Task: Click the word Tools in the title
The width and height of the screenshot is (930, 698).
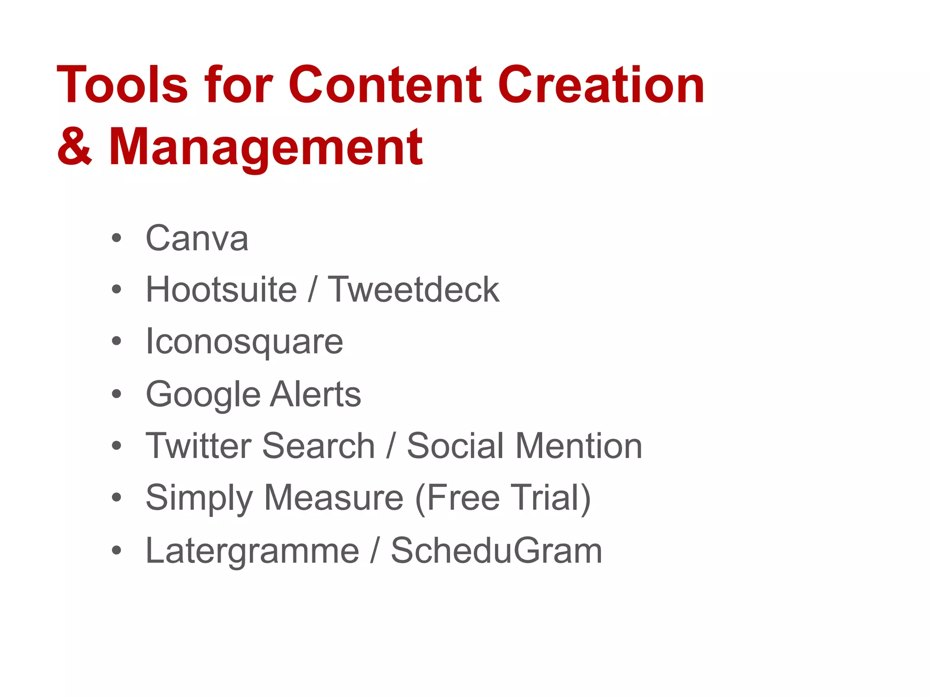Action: coord(122,85)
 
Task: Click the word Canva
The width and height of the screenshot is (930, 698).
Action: coord(197,238)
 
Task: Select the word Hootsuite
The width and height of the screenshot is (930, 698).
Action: coord(221,289)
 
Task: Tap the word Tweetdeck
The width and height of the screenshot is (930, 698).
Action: coord(413,289)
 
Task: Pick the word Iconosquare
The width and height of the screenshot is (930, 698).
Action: coord(244,342)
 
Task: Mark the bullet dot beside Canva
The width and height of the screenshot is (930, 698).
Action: coord(117,238)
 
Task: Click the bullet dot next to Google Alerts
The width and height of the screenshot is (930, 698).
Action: coord(117,394)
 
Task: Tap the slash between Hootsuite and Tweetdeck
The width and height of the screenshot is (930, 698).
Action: coord(312,289)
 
